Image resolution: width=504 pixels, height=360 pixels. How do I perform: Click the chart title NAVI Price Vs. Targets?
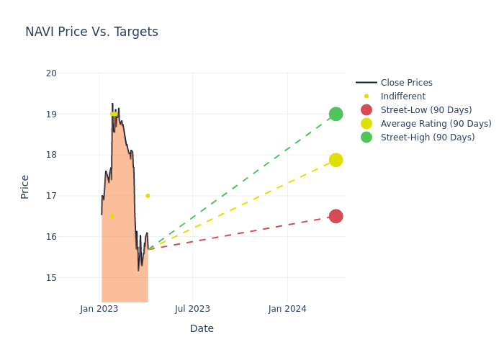click(x=91, y=32)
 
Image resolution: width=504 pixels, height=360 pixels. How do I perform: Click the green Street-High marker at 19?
click(x=336, y=114)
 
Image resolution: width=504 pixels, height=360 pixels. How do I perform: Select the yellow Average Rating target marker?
click(x=336, y=160)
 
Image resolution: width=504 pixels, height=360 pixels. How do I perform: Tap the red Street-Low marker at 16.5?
click(x=336, y=216)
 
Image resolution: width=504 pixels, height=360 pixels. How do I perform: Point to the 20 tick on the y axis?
click(x=51, y=73)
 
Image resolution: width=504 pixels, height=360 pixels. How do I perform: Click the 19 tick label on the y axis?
click(x=51, y=114)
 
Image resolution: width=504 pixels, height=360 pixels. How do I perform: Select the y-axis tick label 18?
click(x=51, y=155)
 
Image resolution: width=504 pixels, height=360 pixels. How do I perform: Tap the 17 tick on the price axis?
click(x=51, y=196)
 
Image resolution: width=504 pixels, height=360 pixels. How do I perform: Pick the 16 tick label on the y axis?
click(x=51, y=237)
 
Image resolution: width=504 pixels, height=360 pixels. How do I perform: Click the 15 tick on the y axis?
click(x=51, y=278)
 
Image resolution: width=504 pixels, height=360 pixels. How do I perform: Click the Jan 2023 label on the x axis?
click(x=99, y=309)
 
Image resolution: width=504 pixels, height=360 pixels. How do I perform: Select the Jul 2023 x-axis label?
click(x=193, y=309)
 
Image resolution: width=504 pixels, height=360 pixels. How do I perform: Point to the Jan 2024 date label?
click(x=287, y=309)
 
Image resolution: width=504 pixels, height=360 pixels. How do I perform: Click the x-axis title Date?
click(x=202, y=329)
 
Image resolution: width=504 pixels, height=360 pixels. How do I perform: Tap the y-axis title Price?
click(x=25, y=186)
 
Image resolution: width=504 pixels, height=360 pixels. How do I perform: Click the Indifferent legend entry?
click(x=402, y=96)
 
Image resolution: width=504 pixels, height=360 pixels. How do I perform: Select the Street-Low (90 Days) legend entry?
click(x=426, y=110)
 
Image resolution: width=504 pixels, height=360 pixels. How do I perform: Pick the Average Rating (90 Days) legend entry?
click(x=436, y=124)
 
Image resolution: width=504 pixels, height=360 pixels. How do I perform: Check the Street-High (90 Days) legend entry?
click(x=428, y=138)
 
